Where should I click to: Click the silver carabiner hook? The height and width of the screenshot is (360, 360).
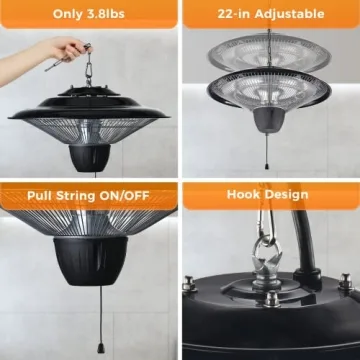265,260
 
